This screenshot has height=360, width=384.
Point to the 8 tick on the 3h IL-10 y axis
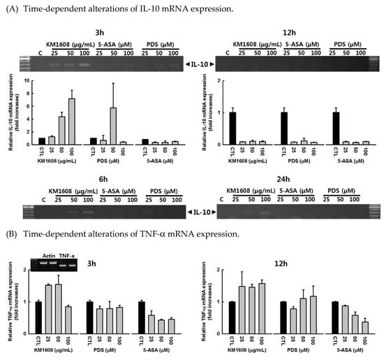27,81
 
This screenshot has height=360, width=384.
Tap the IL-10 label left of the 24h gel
202,210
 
